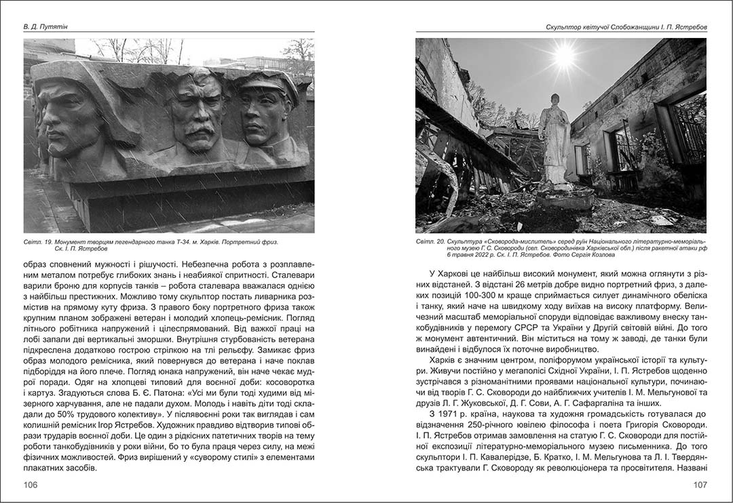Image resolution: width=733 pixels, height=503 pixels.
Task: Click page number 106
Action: [31, 485]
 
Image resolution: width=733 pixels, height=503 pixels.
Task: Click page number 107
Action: [700, 485]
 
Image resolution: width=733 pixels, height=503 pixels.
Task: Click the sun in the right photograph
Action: [564, 56]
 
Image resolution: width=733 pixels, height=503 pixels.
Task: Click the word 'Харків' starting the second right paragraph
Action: [445, 356]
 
